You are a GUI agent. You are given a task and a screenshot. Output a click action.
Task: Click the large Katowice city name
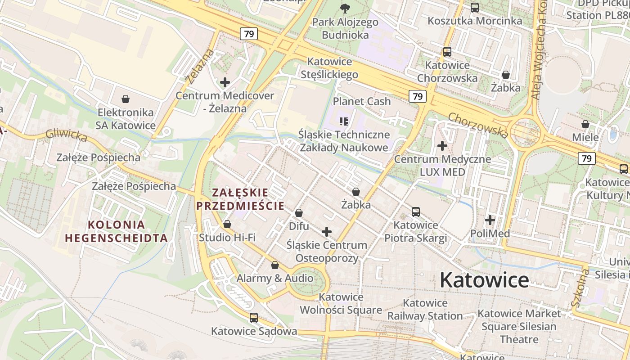(x=484, y=280)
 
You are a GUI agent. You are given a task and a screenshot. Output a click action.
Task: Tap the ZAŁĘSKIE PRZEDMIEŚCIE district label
(x=240, y=199)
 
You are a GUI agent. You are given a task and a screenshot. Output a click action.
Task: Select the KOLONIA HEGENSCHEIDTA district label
(x=117, y=231)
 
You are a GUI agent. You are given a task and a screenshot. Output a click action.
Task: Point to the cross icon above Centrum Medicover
(x=225, y=82)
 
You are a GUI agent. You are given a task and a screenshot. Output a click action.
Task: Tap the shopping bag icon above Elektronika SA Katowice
(x=126, y=99)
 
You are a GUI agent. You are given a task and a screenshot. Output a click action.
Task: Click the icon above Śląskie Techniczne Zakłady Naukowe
(x=344, y=121)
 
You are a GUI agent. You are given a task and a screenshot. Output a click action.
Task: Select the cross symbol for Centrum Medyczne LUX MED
(x=442, y=146)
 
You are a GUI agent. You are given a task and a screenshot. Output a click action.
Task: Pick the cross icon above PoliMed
(x=490, y=220)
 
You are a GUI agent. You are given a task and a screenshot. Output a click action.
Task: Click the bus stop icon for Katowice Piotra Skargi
(x=416, y=211)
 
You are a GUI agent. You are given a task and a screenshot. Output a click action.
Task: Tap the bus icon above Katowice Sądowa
(x=254, y=318)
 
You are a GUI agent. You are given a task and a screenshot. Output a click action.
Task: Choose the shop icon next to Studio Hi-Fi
(x=227, y=224)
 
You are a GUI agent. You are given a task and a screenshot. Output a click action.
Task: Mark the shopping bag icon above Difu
(x=298, y=213)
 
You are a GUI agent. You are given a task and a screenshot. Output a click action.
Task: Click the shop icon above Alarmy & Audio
(x=275, y=265)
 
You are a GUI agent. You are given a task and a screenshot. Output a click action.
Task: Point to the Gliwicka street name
(x=66, y=135)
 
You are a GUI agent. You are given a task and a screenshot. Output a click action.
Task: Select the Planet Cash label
(x=362, y=101)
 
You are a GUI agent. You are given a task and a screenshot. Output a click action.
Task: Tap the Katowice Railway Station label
(x=425, y=310)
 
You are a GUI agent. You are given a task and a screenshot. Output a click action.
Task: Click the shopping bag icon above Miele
(x=585, y=124)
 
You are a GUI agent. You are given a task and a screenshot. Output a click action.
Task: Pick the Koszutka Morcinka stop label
(x=475, y=21)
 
